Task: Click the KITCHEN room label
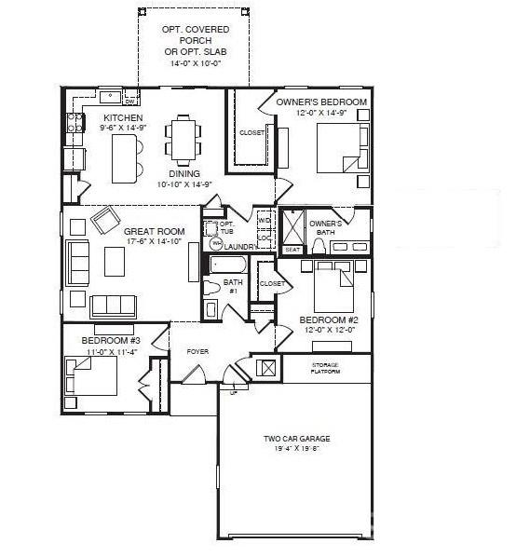(123, 118)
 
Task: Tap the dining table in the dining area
(183, 138)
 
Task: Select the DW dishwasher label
(129, 93)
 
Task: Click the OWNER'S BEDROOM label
(321, 102)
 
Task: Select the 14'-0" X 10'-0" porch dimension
(195, 64)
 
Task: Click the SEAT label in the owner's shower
(292, 250)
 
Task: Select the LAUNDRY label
(239, 247)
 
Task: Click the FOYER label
(197, 351)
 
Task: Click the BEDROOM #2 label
(321, 319)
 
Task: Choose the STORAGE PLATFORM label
(326, 367)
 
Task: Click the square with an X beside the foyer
(267, 367)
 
